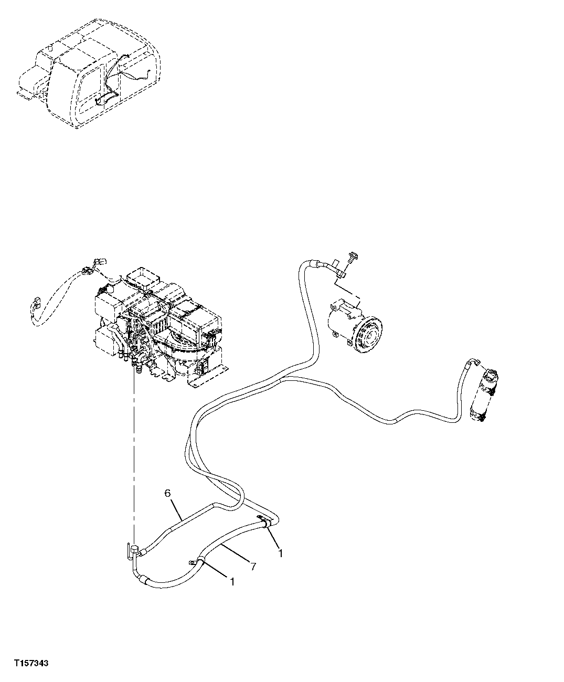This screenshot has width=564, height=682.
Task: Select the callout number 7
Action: click(x=253, y=566)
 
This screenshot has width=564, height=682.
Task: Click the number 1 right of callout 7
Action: click(x=281, y=552)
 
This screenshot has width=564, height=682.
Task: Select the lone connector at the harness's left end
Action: click(x=35, y=304)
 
